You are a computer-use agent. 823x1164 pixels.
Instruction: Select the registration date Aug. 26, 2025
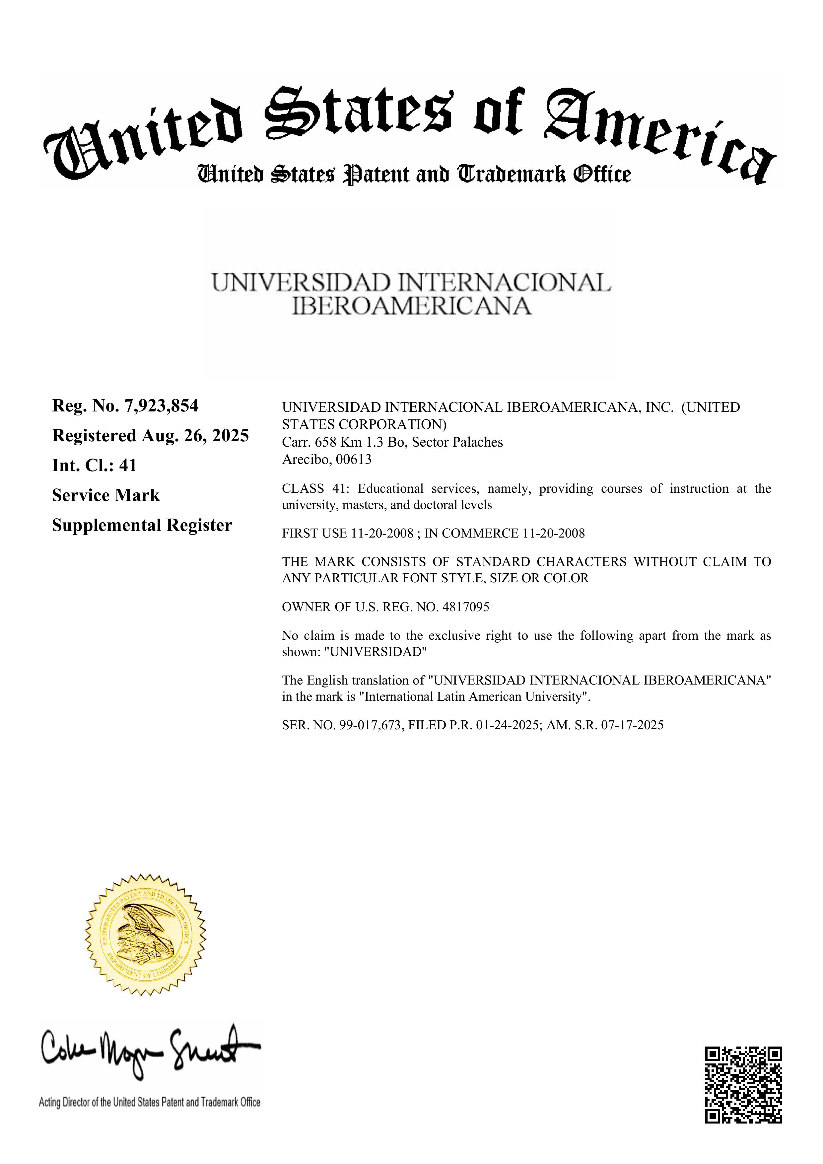(x=195, y=435)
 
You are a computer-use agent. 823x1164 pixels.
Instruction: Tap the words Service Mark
(x=105, y=495)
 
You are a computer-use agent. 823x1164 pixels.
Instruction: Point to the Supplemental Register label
(x=142, y=525)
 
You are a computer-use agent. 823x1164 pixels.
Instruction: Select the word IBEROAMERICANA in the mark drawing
(x=411, y=306)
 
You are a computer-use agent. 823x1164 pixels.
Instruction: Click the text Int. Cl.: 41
(x=94, y=466)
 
